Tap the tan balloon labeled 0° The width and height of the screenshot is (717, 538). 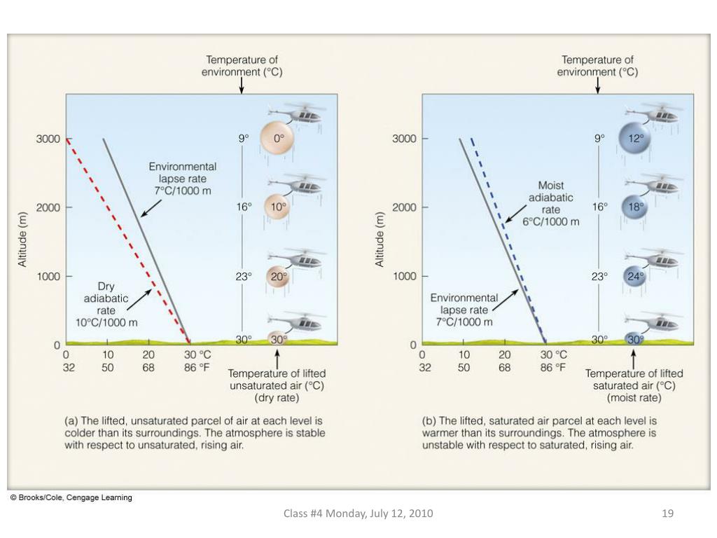point(277,139)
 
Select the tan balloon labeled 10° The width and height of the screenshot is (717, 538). point(277,207)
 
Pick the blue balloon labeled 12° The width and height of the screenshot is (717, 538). point(634,139)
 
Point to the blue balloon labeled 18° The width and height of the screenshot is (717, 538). point(634,207)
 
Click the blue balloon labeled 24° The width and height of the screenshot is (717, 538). point(634,276)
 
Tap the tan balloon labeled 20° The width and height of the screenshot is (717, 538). point(278,276)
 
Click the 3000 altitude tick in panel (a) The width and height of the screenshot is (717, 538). point(48,139)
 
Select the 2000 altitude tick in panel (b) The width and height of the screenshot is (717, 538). point(405,207)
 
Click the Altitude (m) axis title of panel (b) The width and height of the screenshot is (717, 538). point(380,239)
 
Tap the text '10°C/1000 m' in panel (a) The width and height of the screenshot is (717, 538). point(106,322)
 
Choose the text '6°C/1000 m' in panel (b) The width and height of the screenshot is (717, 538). point(551,222)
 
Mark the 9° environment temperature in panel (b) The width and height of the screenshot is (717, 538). point(599,139)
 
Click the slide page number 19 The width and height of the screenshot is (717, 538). point(667,513)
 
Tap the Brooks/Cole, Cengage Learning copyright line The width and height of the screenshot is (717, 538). point(71,497)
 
